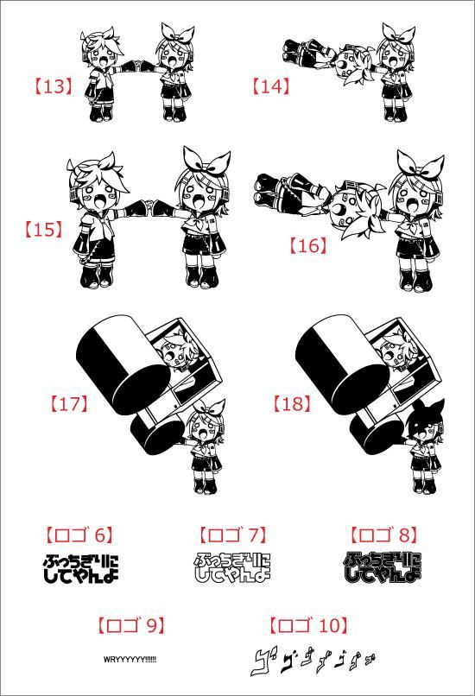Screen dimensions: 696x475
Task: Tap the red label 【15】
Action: (x=43, y=229)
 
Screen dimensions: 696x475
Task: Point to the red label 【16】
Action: (x=308, y=245)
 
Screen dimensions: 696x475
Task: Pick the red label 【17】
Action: (x=68, y=403)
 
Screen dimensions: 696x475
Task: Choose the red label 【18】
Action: (x=290, y=403)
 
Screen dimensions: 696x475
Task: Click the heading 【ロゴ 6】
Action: (x=79, y=535)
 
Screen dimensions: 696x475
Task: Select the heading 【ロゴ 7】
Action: (x=232, y=535)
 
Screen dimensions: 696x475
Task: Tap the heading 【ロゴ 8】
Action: (x=383, y=535)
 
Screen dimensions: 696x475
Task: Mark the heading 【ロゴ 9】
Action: (x=130, y=625)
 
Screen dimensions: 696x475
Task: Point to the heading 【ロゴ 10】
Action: (x=308, y=625)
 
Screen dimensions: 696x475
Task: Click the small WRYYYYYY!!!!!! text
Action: (x=130, y=659)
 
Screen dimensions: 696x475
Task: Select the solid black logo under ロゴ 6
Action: (x=79, y=568)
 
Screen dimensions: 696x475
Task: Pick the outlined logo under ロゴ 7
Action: (x=232, y=566)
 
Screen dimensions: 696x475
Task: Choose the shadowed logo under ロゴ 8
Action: (x=383, y=566)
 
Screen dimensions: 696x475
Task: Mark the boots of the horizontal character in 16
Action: (x=269, y=190)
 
